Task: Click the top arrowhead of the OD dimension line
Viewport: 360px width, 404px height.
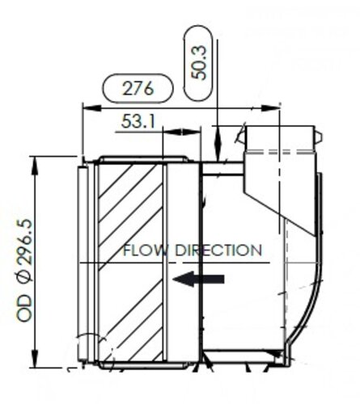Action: point(35,161)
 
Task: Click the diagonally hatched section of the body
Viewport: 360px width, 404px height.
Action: point(129,259)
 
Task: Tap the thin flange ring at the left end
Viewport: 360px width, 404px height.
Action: point(82,259)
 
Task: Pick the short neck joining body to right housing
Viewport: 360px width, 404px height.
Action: point(222,168)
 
